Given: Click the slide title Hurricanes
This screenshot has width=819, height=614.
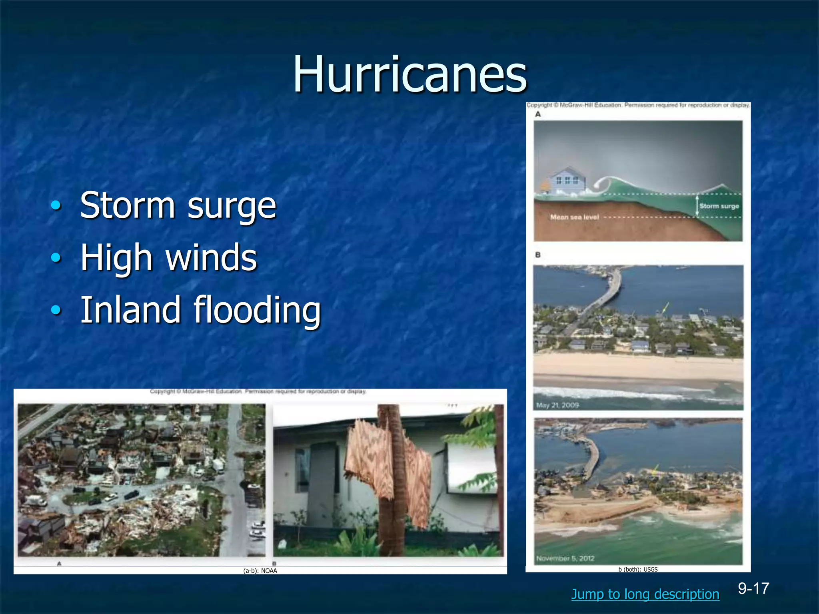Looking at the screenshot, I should click(x=410, y=74).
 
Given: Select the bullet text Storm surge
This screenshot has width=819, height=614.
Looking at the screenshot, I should click(x=178, y=205).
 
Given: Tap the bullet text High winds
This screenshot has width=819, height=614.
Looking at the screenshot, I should click(x=168, y=257).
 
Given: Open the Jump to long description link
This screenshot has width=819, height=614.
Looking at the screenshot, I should click(x=645, y=594).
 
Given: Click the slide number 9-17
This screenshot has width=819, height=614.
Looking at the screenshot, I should click(x=753, y=588).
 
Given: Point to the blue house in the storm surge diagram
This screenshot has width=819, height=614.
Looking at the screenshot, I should click(x=568, y=181).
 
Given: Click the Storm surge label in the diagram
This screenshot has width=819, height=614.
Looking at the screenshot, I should click(x=719, y=206).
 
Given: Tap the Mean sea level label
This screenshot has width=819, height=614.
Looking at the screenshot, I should click(x=574, y=217).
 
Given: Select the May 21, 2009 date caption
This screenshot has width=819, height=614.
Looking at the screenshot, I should click(x=557, y=405).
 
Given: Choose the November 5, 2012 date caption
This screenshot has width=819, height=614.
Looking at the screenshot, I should click(x=565, y=558).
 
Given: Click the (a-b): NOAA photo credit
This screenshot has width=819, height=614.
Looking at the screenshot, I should click(x=260, y=571).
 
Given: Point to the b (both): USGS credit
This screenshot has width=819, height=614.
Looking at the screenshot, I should click(x=638, y=569).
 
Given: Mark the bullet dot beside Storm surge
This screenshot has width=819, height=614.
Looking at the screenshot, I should click(x=56, y=205).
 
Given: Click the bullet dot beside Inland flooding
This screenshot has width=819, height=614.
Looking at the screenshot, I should click(x=56, y=309).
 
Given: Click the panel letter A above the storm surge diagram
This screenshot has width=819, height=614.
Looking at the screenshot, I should click(x=538, y=114).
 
